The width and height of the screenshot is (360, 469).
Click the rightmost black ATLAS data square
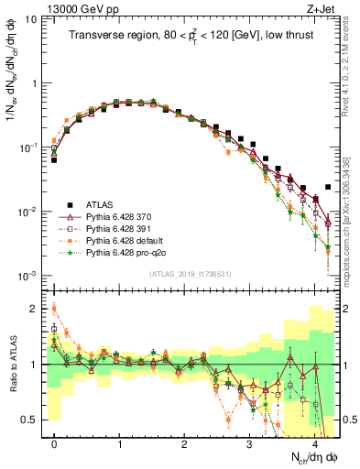(327, 187)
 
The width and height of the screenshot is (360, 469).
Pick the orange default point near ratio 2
(54, 308)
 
